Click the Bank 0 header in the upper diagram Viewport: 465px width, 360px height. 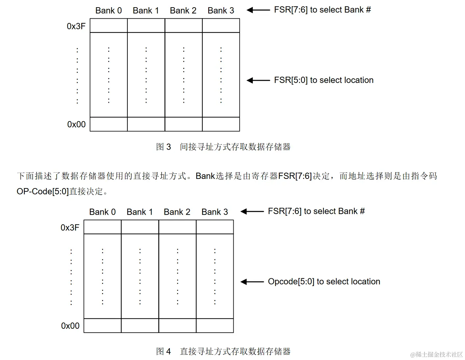pos(109,11)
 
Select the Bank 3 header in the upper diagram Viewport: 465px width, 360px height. pos(221,11)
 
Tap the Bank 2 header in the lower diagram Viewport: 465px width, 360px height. pos(177,212)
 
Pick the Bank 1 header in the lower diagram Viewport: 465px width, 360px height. pos(140,212)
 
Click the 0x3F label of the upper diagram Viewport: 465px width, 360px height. pos(76,26)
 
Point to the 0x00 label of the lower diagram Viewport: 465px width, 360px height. pos(70,326)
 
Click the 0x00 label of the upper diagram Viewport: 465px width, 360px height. pos(76,124)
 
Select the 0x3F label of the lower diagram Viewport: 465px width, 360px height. pos(70,228)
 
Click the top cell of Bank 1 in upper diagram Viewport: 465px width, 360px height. pos(146,25)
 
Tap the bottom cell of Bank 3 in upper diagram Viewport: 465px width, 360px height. pos(221,124)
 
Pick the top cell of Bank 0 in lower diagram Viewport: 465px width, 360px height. pos(102,227)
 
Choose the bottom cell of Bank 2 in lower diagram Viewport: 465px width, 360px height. pos(177,325)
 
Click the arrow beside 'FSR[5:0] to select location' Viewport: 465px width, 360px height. pos(258,80)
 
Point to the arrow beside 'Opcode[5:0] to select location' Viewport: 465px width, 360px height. pos(252,282)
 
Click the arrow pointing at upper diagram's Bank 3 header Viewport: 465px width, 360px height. pos(258,10)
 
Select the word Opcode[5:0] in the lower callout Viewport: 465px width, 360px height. pos(291,282)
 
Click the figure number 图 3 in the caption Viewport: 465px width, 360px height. pos(164,147)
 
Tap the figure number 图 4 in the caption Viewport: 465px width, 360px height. pos(164,351)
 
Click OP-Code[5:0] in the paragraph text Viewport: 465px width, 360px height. pos(42,191)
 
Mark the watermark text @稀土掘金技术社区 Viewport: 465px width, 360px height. pos(436,354)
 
